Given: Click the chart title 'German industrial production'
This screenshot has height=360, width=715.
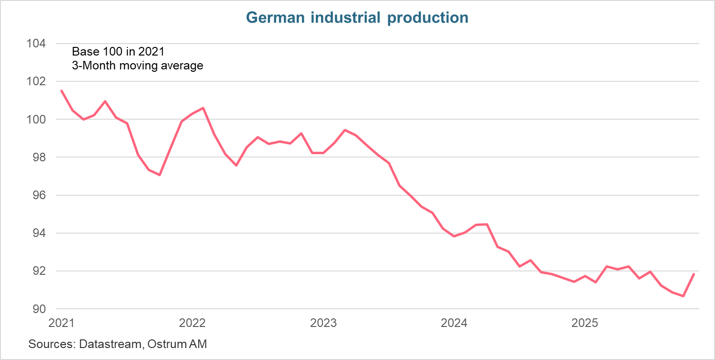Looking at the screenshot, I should coord(357,18).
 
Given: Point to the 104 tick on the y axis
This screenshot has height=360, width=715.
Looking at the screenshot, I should coord(36,44).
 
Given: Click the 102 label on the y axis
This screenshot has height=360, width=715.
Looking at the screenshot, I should coord(36,81).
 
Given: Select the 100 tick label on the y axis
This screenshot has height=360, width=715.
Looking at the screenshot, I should coord(36,119).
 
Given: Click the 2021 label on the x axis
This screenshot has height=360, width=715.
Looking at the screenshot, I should coord(61,323).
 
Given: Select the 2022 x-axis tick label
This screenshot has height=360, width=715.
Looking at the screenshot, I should coord(192,323).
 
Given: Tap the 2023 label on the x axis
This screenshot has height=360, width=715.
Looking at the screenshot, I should coord(324,323).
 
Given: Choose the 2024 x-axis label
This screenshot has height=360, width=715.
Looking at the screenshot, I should coord(454,323).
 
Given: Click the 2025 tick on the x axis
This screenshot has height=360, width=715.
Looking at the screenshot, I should coord(585,323).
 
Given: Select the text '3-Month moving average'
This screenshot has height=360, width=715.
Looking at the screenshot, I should coord(137,66).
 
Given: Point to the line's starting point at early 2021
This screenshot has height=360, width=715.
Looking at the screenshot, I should coord(62,90).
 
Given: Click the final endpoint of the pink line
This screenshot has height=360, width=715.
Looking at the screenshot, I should coord(693,274).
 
